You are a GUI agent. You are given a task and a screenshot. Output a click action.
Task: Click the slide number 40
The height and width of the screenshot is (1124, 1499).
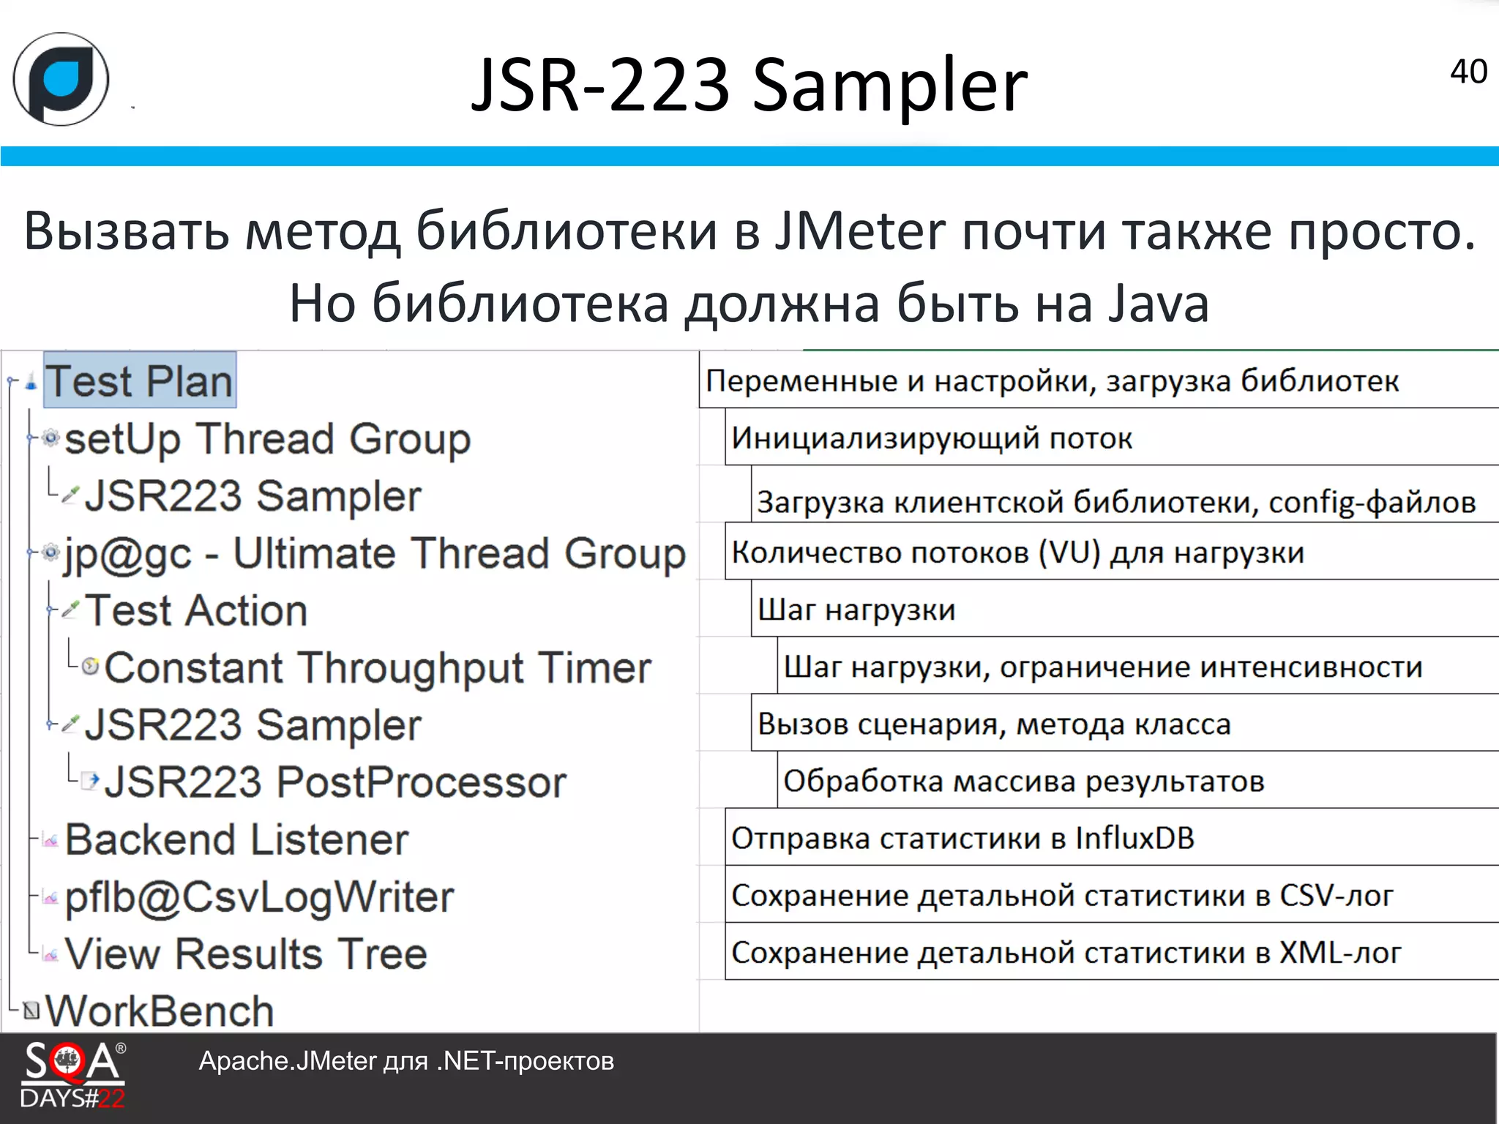tap(1468, 72)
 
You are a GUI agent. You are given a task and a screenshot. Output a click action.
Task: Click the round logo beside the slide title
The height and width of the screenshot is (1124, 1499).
tap(61, 79)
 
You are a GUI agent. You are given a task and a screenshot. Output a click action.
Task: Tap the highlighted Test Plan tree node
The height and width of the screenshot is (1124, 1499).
tap(139, 381)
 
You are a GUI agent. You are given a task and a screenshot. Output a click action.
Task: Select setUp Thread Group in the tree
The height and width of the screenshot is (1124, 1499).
tap(267, 438)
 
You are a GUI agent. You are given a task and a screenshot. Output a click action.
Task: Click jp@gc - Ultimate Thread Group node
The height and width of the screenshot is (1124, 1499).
tap(374, 553)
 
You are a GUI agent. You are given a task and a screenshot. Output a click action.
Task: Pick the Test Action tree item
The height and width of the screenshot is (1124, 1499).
tap(196, 610)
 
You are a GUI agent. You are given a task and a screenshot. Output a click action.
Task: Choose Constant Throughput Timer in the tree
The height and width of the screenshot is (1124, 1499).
tap(378, 667)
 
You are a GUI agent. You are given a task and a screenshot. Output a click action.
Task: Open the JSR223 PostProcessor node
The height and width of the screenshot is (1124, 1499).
tap(335, 782)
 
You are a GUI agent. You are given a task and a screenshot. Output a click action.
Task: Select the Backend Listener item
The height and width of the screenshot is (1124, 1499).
tap(236, 839)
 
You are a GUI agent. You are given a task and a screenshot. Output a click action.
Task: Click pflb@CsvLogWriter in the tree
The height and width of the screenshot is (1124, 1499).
tap(259, 896)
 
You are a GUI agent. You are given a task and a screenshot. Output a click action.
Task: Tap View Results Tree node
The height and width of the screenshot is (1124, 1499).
tap(246, 953)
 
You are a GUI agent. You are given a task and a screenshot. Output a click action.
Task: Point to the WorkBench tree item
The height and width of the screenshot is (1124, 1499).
tap(160, 1011)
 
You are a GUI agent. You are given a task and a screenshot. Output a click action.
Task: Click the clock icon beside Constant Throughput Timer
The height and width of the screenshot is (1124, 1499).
tap(90, 666)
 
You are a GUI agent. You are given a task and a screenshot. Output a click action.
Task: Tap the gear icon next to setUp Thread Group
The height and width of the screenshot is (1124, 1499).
tap(50, 438)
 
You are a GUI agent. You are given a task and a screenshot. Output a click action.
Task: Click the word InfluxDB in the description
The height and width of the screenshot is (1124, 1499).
tap(1134, 838)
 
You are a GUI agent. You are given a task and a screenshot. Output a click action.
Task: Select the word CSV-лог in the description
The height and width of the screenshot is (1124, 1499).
tap(1336, 895)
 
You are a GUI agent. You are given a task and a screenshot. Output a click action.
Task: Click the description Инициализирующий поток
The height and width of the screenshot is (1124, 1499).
tap(931, 438)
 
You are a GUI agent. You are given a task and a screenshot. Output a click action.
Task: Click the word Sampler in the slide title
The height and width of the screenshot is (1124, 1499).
tap(889, 85)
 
